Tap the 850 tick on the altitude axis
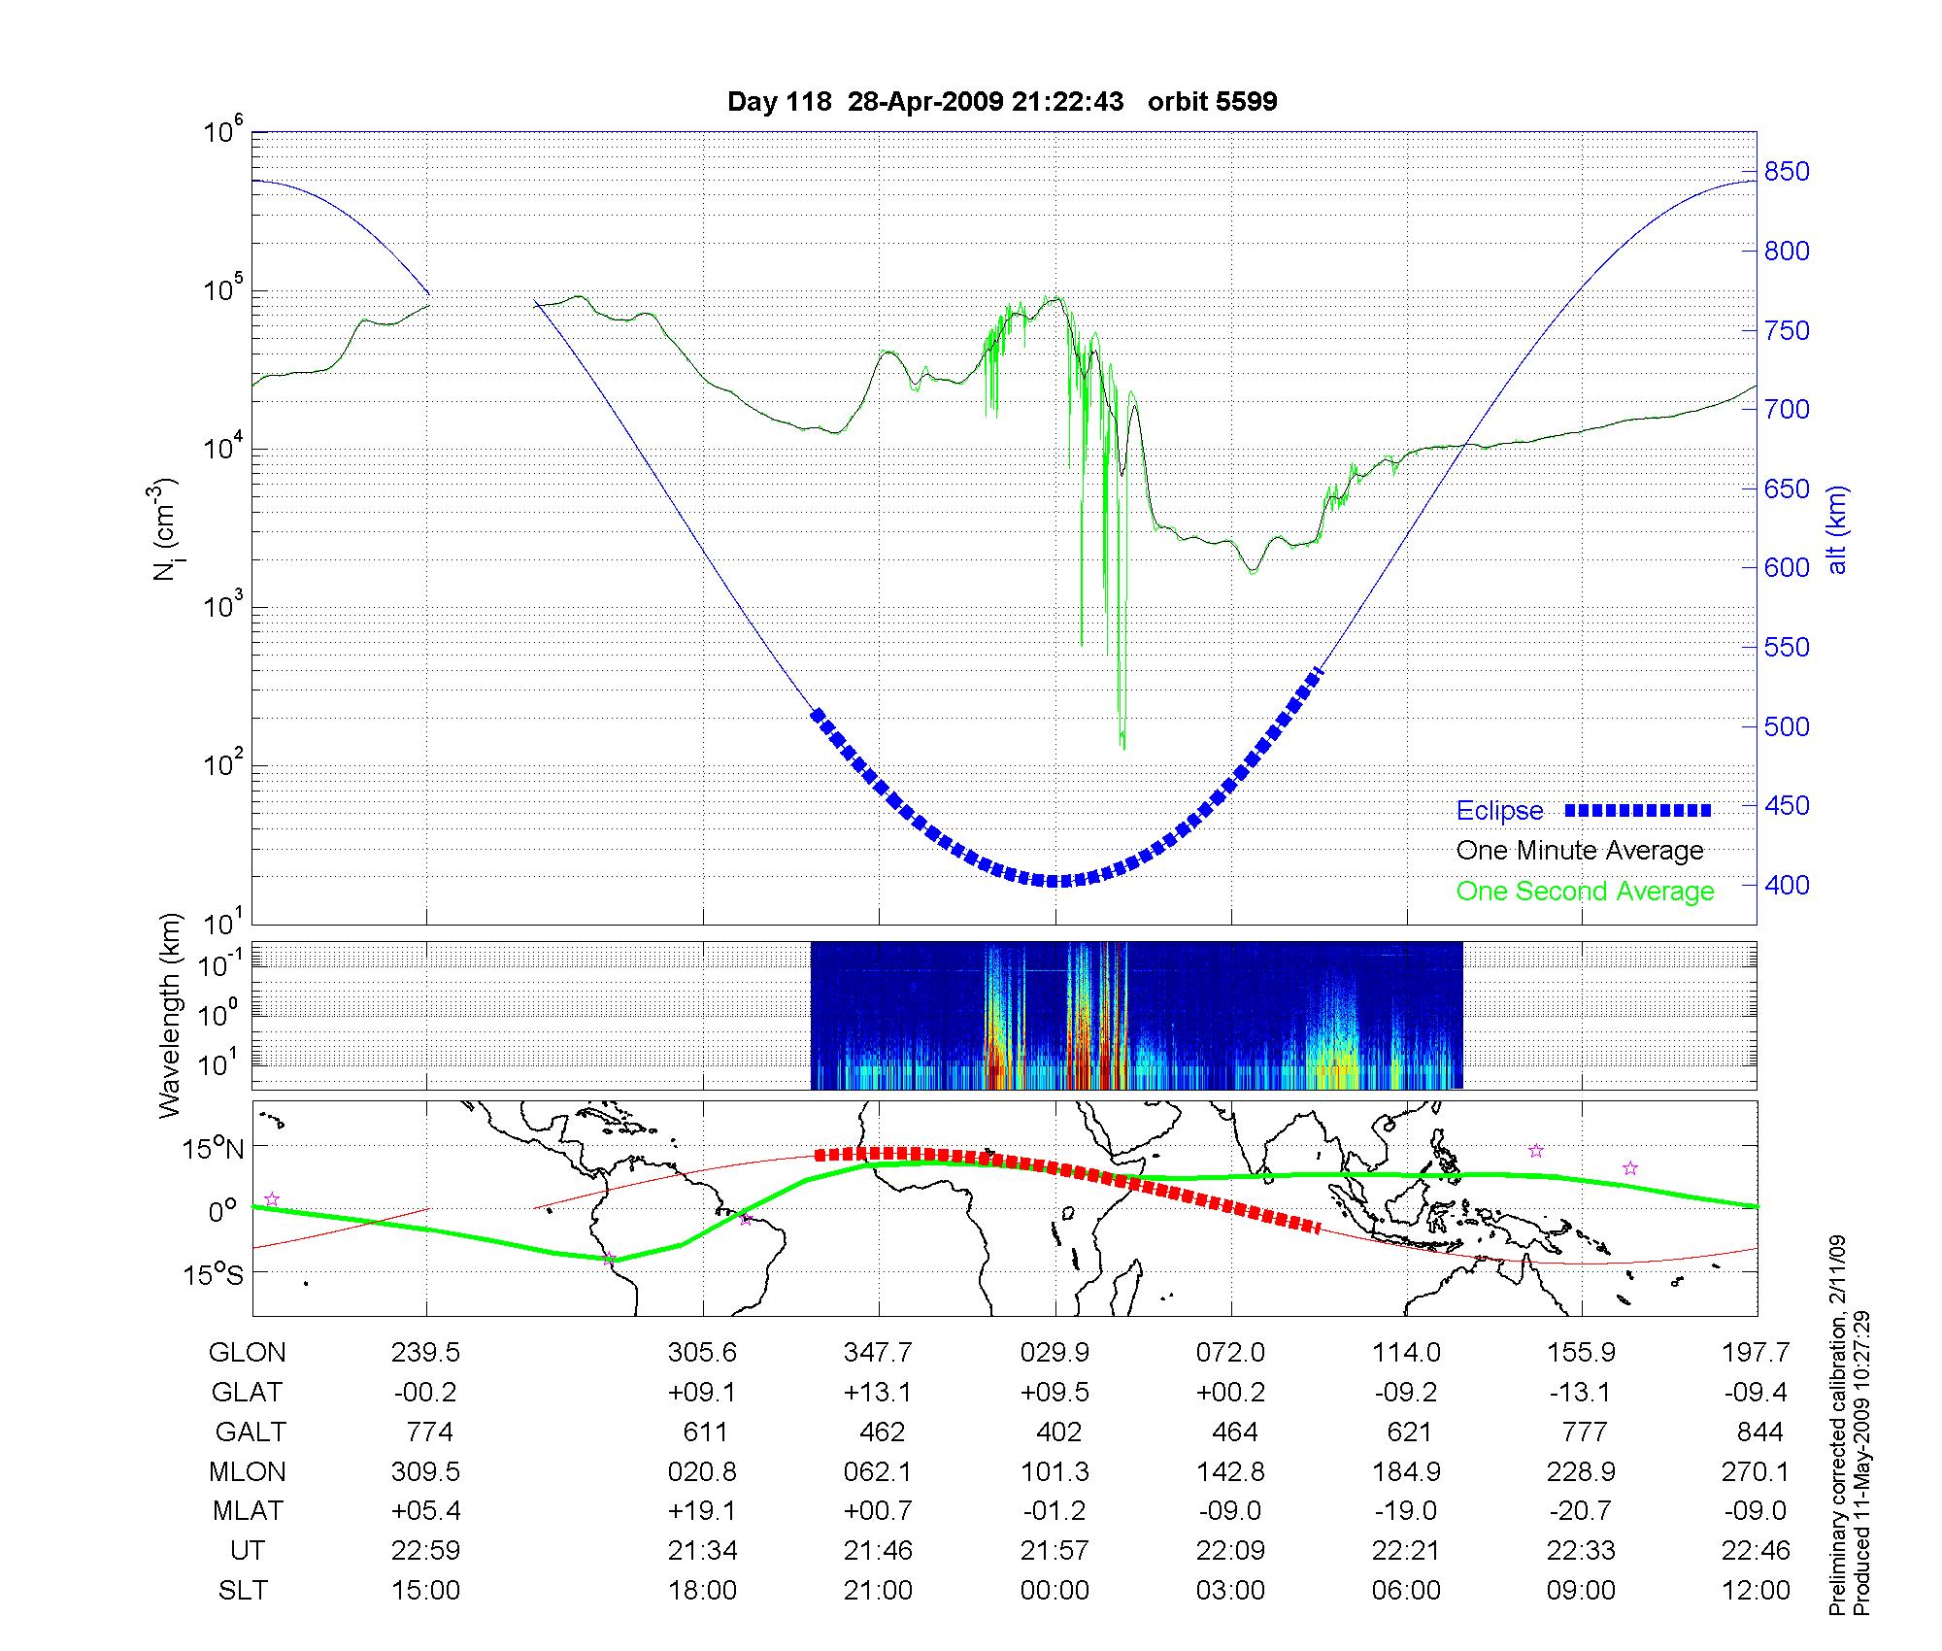coord(1787,172)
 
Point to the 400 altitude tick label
coord(1787,885)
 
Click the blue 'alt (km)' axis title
coord(1838,529)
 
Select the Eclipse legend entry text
coord(1499,811)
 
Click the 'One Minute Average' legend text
coord(1580,851)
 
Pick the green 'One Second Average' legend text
coord(1585,892)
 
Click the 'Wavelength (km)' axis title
coord(171,1015)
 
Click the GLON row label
coord(248,1353)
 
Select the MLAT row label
coord(248,1511)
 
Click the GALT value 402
coord(1058,1432)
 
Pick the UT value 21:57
coord(1055,1551)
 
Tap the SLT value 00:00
coord(1055,1591)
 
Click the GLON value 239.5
coord(425,1353)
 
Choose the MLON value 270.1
coord(1756,1472)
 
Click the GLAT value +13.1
coord(878,1393)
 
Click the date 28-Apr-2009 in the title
coord(925,102)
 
